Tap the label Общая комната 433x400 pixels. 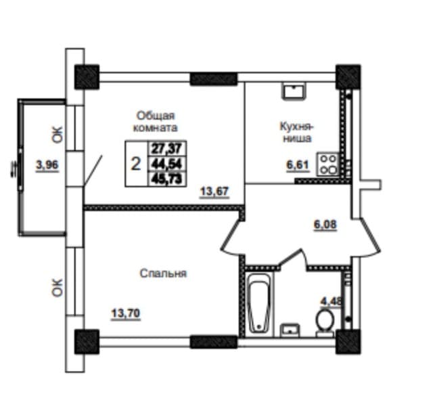[156, 120]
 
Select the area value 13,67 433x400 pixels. [214, 192]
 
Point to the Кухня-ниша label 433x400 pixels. [296, 132]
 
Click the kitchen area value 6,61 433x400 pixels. [298, 164]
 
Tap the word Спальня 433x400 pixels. [163, 273]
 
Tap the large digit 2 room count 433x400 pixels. [135, 163]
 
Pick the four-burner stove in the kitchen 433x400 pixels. [329, 164]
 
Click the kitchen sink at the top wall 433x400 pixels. [294, 90]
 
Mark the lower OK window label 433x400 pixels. [57, 287]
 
